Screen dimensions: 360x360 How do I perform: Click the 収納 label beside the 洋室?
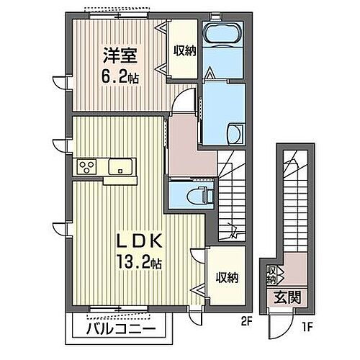183,50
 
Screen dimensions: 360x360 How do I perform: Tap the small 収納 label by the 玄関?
271,274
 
